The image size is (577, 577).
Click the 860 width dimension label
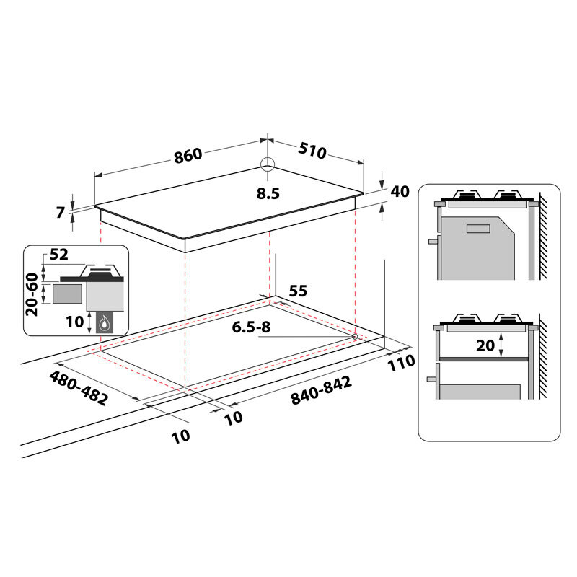coord(188,155)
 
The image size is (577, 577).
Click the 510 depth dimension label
coord(312,151)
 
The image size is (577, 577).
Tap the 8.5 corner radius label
coord(268,193)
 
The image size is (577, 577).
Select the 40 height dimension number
coord(400,191)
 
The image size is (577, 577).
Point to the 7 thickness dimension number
coord(61,212)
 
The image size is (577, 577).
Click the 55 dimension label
coord(298,291)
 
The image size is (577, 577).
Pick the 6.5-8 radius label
coord(251,327)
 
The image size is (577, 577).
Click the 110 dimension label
coord(402,363)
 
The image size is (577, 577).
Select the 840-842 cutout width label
coord(321,391)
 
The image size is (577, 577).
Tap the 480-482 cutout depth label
coord(79,387)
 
